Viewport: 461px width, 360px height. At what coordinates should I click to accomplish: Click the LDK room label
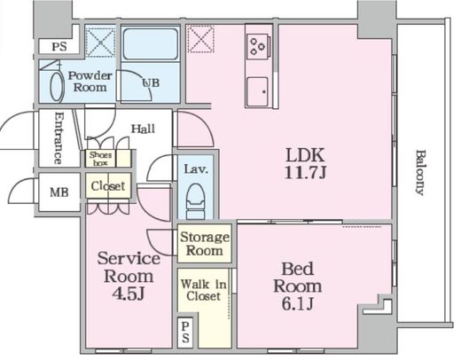click(x=305, y=154)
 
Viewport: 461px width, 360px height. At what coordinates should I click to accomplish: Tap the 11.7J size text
click(x=305, y=172)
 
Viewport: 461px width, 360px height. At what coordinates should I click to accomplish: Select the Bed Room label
click(x=297, y=278)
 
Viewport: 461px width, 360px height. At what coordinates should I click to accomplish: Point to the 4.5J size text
click(x=129, y=293)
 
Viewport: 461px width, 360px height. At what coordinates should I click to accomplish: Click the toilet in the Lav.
click(x=195, y=200)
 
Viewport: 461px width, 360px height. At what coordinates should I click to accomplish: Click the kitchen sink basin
click(x=258, y=92)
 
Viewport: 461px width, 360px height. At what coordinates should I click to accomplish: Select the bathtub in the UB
click(x=151, y=44)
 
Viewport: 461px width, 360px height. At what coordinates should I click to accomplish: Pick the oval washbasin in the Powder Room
click(x=57, y=87)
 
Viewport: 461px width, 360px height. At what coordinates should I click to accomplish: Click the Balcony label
click(x=420, y=173)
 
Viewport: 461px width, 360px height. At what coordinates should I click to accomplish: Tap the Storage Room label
click(x=205, y=244)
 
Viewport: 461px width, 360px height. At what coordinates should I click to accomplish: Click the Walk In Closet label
click(x=204, y=290)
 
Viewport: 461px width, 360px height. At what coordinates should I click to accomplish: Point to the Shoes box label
click(x=100, y=159)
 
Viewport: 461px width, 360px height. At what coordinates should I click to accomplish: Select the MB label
click(x=59, y=192)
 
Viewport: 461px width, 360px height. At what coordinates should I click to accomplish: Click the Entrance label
click(x=59, y=138)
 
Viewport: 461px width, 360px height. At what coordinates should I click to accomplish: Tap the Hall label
click(x=143, y=129)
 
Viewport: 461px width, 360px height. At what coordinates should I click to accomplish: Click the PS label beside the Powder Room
click(x=59, y=47)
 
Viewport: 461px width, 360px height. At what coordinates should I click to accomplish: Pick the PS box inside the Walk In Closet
click(x=185, y=333)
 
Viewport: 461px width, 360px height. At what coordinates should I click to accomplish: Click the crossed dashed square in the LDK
click(x=200, y=39)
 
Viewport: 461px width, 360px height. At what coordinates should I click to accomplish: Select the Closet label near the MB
click(x=108, y=186)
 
